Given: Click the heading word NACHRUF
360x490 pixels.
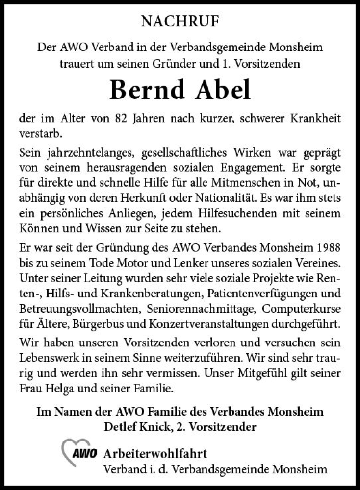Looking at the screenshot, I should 180,21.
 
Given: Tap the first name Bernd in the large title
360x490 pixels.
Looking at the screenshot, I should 147,90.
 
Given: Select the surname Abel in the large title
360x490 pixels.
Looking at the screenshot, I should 224,90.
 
